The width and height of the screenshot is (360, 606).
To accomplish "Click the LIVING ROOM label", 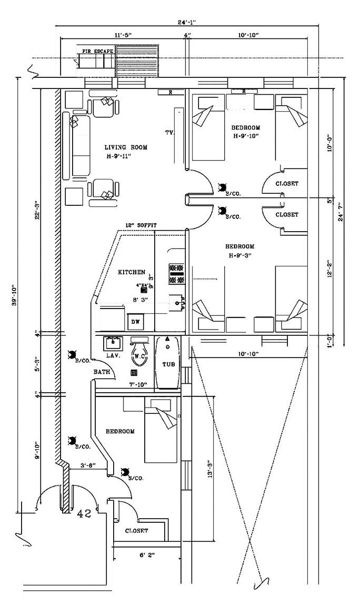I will click(125, 147).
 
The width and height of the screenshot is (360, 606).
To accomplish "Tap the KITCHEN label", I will click(131, 272).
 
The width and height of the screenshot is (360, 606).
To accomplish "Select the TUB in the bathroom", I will click(168, 364).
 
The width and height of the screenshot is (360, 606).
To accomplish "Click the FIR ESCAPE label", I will click(98, 52).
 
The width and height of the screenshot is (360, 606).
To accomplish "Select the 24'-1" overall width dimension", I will click(187, 23).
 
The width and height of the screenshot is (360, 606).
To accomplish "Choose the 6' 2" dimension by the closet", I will click(147, 555).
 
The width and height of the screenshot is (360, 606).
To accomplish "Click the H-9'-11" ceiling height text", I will click(125, 157).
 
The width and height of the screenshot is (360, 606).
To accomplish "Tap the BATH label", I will click(102, 372).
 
